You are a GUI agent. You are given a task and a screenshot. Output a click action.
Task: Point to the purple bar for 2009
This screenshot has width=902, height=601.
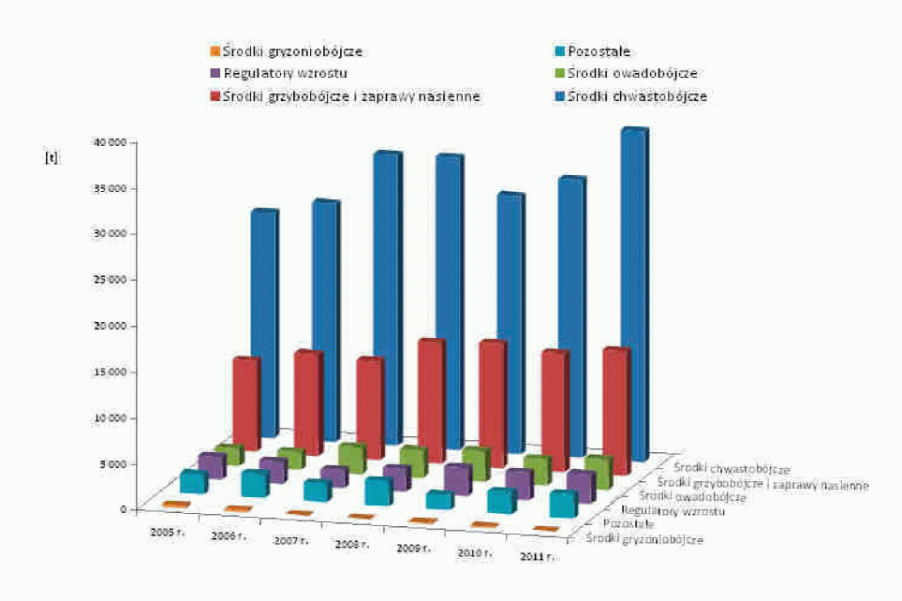click(x=457, y=478)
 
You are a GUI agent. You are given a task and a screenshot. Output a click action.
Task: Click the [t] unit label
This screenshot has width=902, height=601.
click(x=51, y=157)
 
